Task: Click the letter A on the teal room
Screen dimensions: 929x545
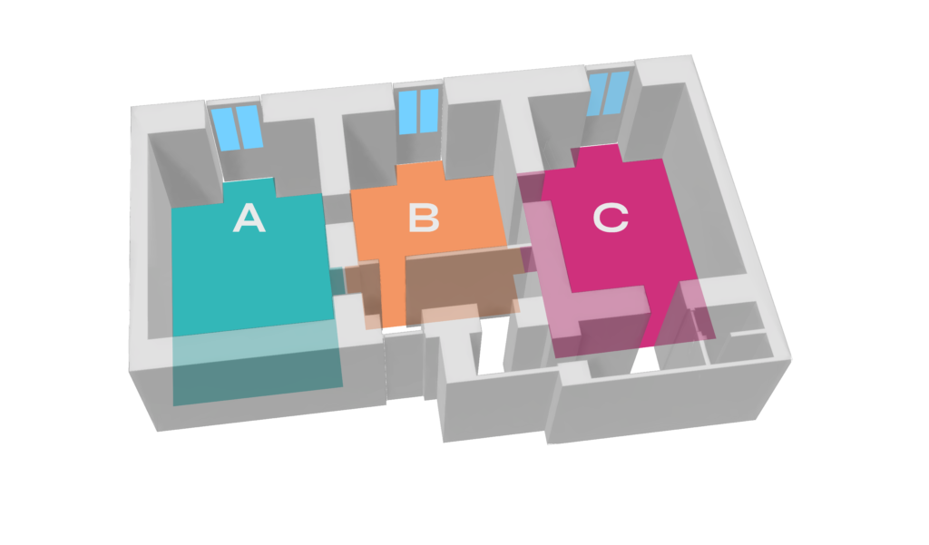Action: point(249,218)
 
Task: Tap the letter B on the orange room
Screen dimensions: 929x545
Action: point(424,218)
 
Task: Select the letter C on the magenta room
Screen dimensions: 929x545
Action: point(611,218)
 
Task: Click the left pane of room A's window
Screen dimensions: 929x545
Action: point(226,129)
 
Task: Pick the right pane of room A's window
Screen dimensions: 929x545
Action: point(249,126)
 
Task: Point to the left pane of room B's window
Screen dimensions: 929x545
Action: point(407,112)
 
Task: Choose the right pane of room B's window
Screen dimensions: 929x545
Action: point(429,111)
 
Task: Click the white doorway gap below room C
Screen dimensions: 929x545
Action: point(645,360)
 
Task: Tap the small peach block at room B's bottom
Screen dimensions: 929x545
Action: point(449,314)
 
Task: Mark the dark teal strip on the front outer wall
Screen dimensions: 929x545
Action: point(258,367)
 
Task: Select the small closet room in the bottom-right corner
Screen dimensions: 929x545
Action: point(740,332)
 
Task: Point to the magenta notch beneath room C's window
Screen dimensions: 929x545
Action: point(597,153)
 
